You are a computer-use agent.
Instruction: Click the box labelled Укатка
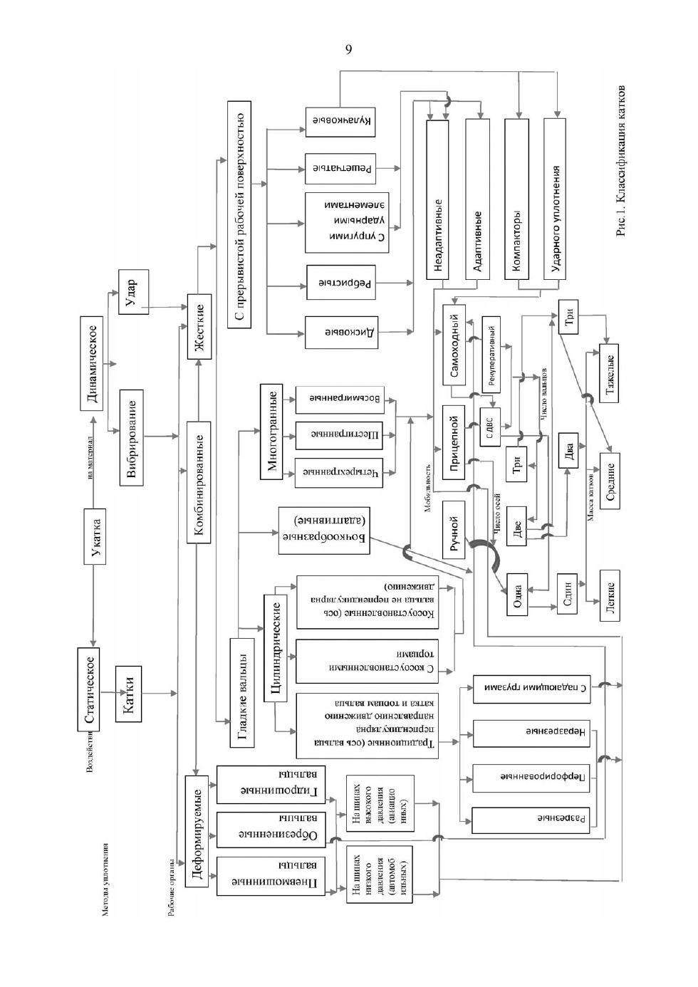(x=95, y=536)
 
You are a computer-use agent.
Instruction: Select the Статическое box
(x=88, y=689)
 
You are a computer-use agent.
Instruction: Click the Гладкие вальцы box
(x=242, y=691)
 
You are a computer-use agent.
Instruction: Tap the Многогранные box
(x=272, y=432)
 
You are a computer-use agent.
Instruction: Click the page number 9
(x=348, y=49)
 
